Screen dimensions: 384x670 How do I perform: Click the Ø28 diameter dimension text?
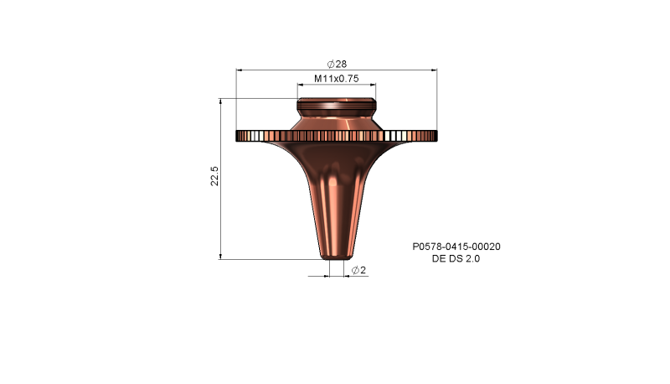(x=337, y=64)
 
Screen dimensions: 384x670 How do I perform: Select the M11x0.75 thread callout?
(x=337, y=78)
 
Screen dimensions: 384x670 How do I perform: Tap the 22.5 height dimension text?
(x=215, y=177)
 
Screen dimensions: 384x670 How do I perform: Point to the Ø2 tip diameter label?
(x=359, y=270)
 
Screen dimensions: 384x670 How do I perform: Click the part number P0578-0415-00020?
(x=456, y=247)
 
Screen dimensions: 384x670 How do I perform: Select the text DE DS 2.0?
(x=456, y=259)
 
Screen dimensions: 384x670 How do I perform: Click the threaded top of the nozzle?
(x=337, y=106)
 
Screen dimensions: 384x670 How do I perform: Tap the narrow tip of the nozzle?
(x=337, y=254)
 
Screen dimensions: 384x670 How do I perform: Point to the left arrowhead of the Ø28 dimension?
(x=240, y=70)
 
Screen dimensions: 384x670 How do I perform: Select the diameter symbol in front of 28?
(x=331, y=64)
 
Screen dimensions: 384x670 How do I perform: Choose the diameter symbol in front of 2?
(x=355, y=270)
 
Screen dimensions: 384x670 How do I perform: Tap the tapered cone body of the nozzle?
(x=337, y=201)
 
